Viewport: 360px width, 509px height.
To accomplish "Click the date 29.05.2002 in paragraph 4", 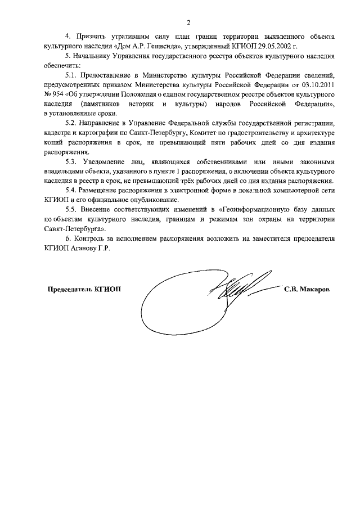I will [x=292, y=47].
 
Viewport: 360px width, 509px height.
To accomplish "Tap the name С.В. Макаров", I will [x=308, y=289].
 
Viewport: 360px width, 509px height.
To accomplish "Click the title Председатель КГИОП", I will [x=84, y=289].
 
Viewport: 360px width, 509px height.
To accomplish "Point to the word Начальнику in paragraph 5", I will [x=94, y=56].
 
